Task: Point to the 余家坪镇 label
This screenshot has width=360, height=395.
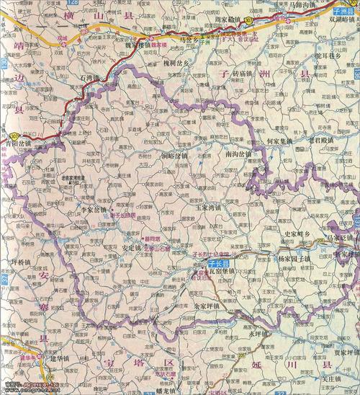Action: (210, 306)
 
